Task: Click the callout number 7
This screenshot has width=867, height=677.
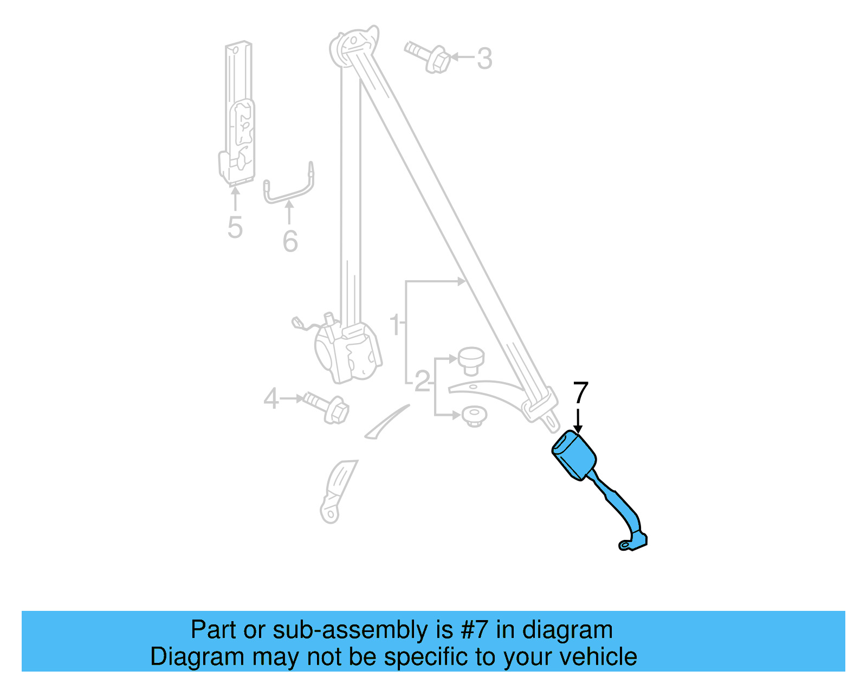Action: coord(580,392)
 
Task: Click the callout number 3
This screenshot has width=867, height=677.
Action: coord(484,58)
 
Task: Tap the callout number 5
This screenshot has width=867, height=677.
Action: coord(235,227)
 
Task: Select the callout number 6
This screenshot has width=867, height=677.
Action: coord(290,241)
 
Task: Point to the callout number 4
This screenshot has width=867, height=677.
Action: coord(271,399)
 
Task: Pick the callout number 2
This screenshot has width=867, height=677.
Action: coord(422,382)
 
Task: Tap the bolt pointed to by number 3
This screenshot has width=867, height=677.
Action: coord(428,56)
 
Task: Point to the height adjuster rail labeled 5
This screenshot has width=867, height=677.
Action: coord(239,114)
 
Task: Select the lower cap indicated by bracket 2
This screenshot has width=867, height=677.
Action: coord(474,417)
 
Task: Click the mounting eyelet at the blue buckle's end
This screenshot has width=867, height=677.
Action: coord(626,545)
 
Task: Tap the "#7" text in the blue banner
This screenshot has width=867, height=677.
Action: coord(475,630)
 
